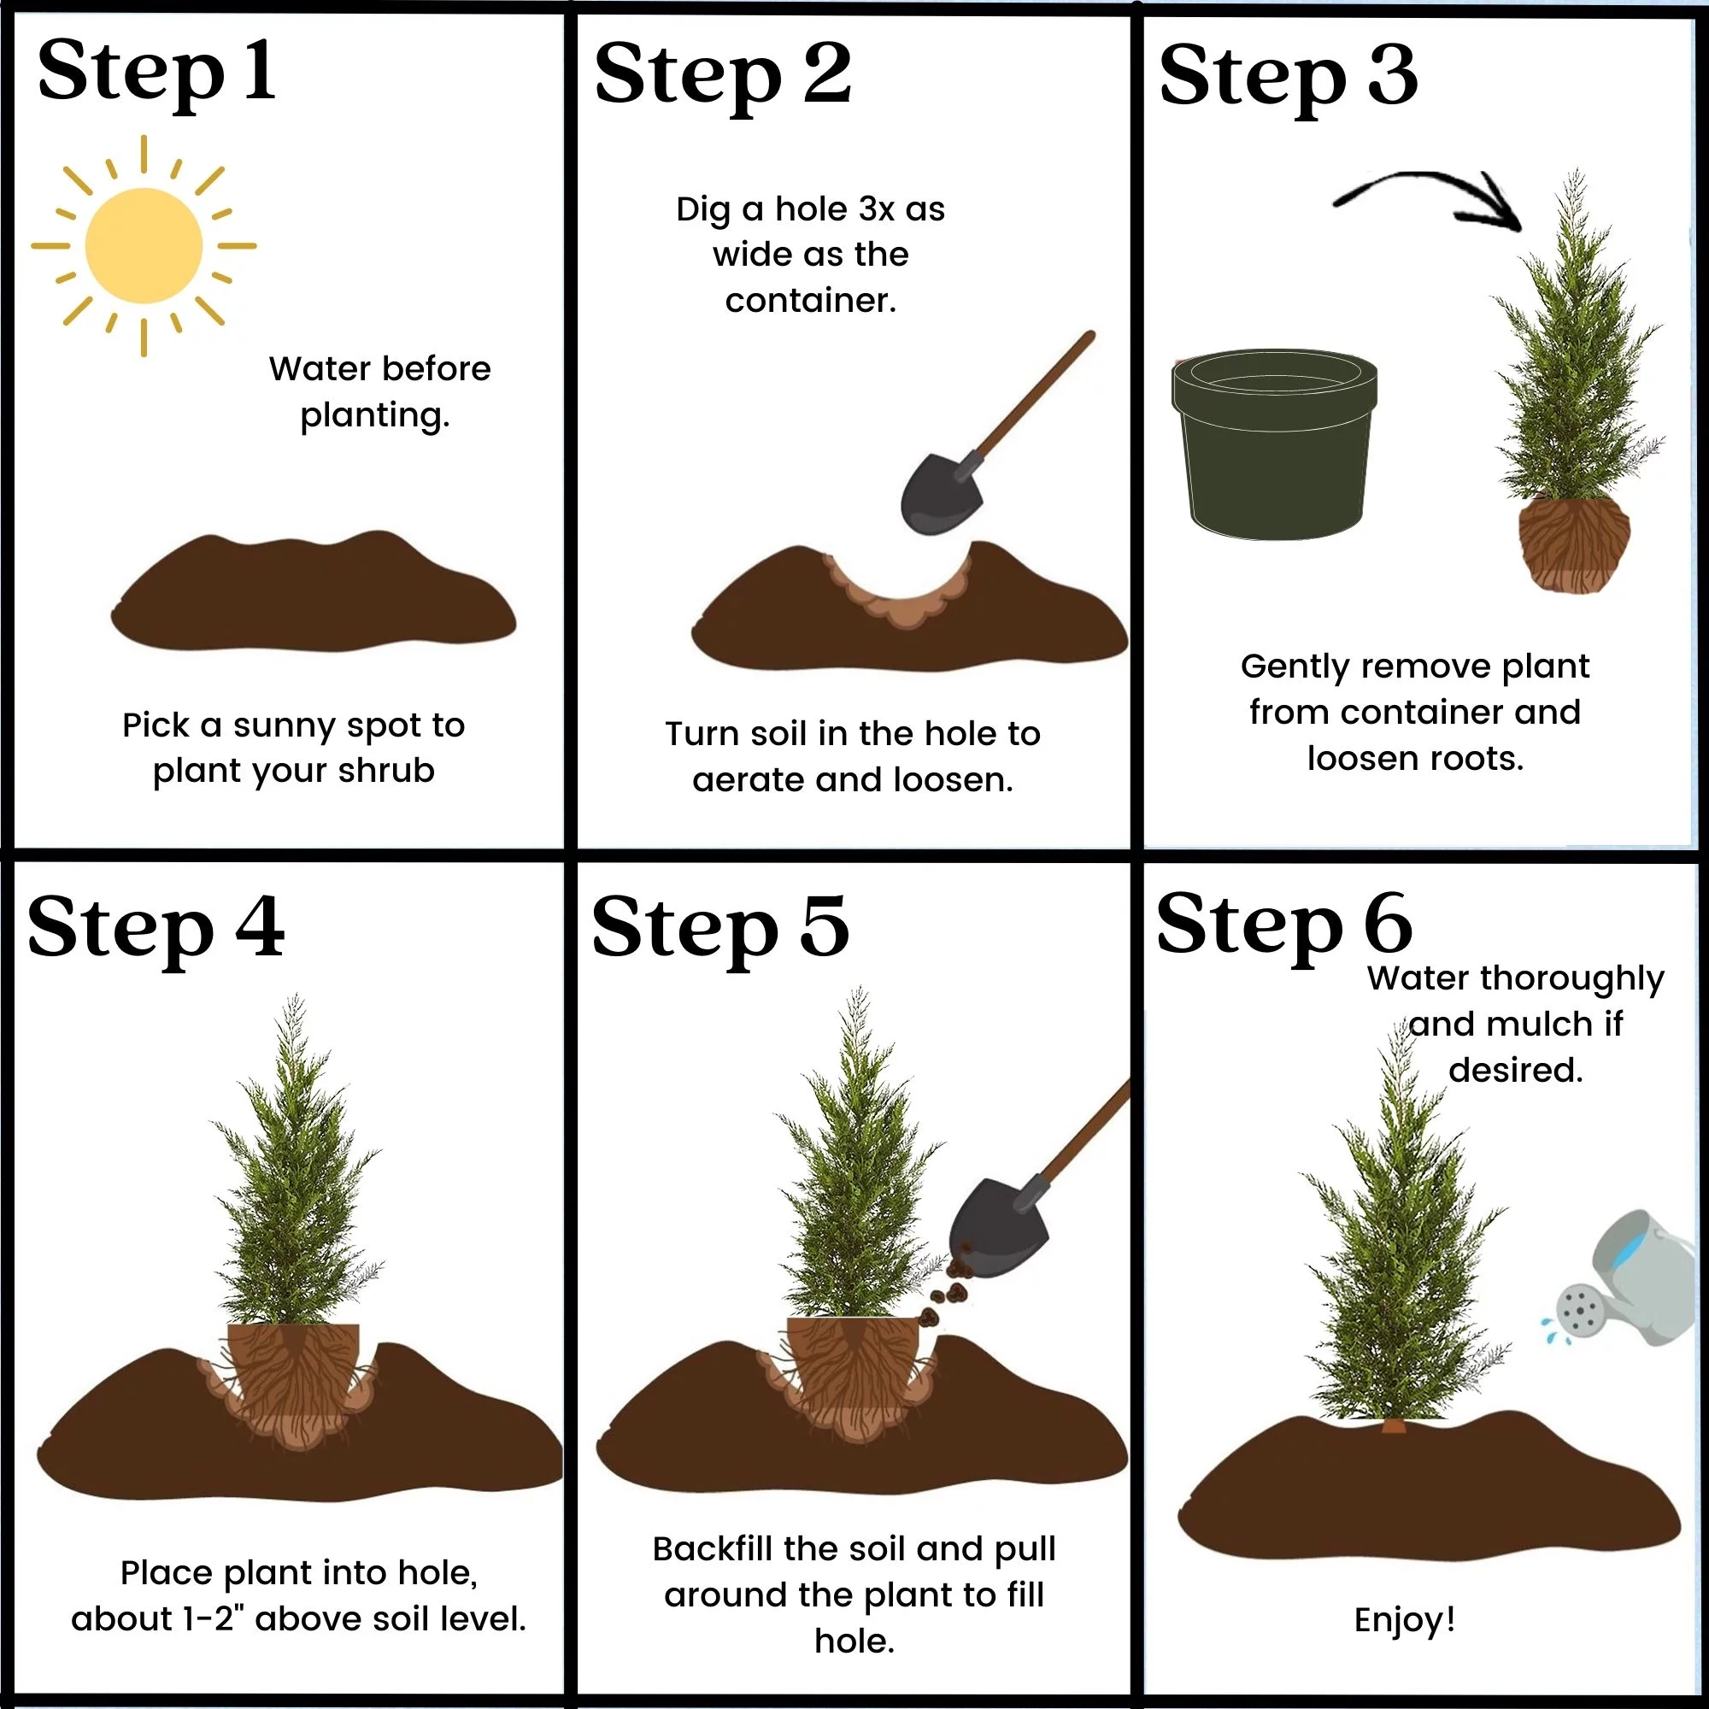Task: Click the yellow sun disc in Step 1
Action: click(144, 246)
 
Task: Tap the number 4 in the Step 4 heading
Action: click(260, 927)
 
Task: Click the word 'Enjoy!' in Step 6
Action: click(1404, 1619)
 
